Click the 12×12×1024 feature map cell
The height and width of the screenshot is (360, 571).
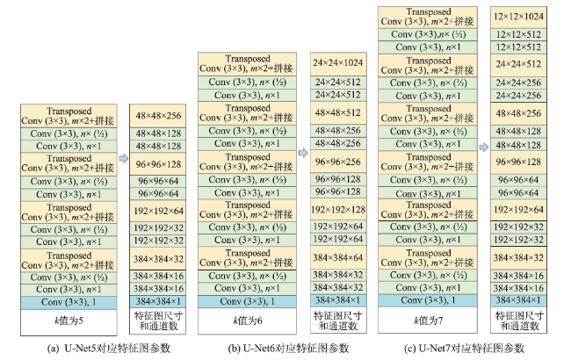[518, 17]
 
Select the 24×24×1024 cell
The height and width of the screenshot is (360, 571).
[338, 63]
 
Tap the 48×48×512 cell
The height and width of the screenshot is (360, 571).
[338, 113]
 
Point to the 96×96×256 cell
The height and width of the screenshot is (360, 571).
[338, 162]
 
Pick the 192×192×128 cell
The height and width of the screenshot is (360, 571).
[338, 210]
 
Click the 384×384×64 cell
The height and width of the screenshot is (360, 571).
[338, 258]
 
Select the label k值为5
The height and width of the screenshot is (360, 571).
[69, 320]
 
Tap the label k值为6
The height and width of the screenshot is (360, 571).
[247, 320]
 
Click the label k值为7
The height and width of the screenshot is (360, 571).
[428, 320]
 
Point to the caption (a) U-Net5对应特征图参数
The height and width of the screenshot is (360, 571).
[109, 349]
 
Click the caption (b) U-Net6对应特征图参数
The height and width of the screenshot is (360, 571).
[288, 349]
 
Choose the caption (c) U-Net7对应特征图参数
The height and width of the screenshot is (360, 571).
[465, 349]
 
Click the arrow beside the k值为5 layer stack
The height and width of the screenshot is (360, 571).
[124, 159]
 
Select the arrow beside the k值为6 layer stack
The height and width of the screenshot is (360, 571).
[303, 153]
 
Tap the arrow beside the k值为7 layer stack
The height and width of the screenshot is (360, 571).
[484, 147]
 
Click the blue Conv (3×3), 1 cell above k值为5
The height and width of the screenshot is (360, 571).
[69, 302]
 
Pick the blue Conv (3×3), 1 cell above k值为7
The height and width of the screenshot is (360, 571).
[428, 300]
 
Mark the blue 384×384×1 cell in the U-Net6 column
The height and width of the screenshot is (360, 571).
[338, 300]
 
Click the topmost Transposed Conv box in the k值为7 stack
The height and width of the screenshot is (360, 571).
[428, 17]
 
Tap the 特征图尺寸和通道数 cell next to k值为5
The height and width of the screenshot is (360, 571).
[157, 320]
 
